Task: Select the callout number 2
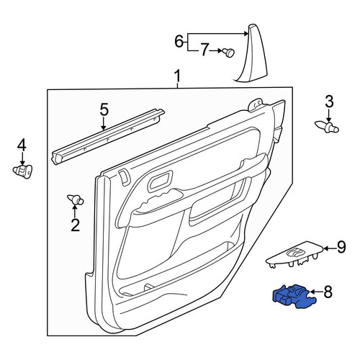[75, 225]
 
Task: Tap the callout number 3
[329, 101]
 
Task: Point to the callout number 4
[22, 145]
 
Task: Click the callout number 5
[104, 109]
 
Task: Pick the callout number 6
[179, 41]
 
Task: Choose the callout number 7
[204, 50]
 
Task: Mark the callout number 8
[328, 292]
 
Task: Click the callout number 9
[341, 248]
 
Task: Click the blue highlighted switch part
[294, 296]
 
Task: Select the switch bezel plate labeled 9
[294, 256]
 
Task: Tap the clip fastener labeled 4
[22, 171]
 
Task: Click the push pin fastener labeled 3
[327, 127]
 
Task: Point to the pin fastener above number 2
[75, 200]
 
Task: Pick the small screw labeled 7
[228, 52]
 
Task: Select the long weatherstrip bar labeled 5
[108, 137]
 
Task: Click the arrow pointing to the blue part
[316, 292]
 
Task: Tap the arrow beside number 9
[330, 248]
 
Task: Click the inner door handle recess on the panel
[161, 181]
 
